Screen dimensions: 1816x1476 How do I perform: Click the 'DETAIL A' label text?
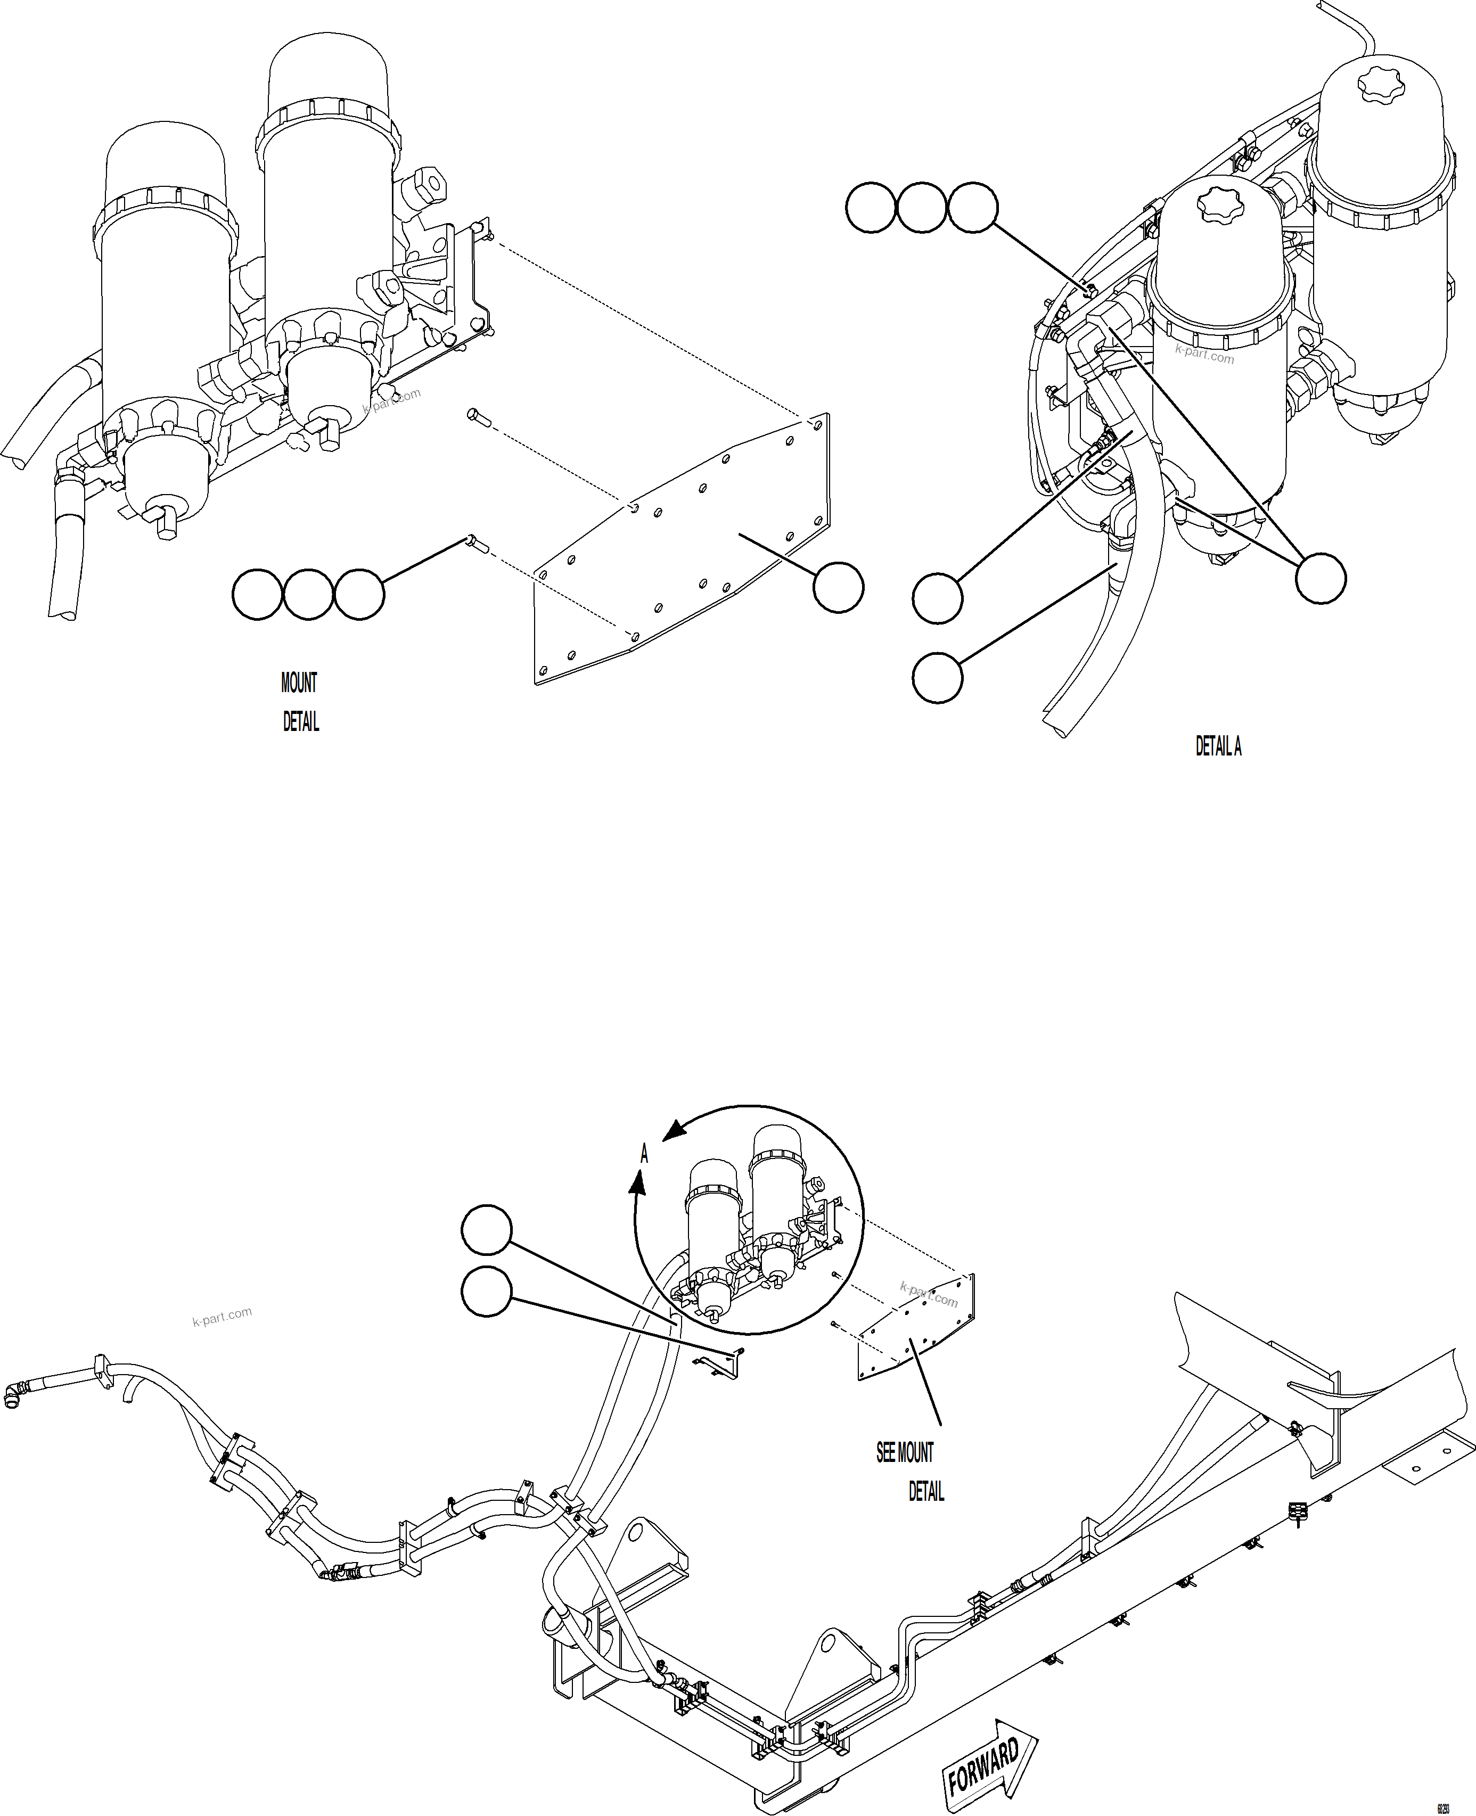[x=1218, y=746]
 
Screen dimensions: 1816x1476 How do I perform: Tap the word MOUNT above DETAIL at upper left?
[x=298, y=683]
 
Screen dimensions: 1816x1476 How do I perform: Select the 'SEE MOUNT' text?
[x=905, y=1453]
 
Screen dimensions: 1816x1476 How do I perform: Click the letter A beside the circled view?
[x=644, y=1154]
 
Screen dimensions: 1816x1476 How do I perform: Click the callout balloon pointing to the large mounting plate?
[x=838, y=587]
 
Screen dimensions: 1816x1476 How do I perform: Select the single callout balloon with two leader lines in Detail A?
[x=1321, y=579]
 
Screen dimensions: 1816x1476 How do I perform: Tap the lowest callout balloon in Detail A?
[x=937, y=678]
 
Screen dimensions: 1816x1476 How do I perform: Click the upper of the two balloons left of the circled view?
[x=486, y=1229]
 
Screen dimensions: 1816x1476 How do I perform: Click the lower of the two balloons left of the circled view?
[x=486, y=1292]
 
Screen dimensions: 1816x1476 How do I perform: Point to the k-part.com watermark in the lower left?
[x=222, y=1317]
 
